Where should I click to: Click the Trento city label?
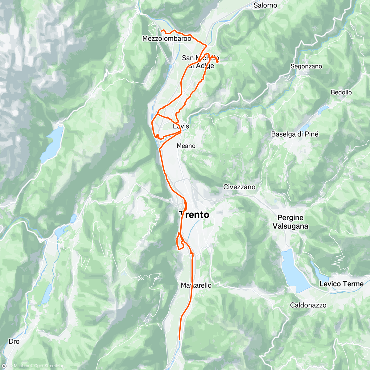coord(194,215)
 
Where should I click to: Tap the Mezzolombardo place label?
coord(166,39)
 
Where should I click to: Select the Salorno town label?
coord(265,5)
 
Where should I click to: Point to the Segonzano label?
coord(306,66)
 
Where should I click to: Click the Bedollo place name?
coord(341,92)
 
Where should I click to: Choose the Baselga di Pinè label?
coord(294,134)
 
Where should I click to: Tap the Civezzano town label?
coord(239,187)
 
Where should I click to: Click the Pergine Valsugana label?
coord(290,222)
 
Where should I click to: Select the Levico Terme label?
coord(341,284)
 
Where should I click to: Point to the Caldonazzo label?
coord(308,305)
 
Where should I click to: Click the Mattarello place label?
coord(196,286)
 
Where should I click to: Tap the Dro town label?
coord(14,341)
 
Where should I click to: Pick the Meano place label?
coord(186,146)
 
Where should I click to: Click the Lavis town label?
coord(181,126)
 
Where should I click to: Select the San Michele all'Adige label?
coord(200,62)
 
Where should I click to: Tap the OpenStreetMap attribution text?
coord(49,366)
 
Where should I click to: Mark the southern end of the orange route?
coord(179,339)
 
